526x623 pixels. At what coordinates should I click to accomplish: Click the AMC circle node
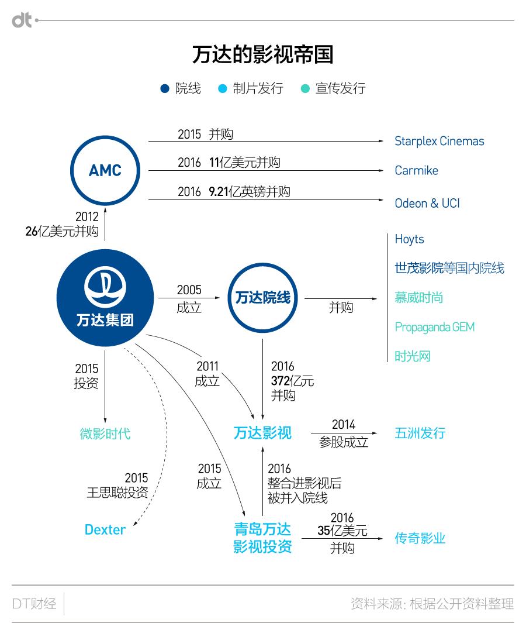tap(105, 170)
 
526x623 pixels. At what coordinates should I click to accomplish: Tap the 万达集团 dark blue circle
tap(105, 298)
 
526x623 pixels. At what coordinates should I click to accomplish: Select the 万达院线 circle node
tap(262, 298)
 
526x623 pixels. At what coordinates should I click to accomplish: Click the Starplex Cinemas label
tap(439, 141)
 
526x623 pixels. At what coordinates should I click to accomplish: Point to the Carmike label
tap(416, 171)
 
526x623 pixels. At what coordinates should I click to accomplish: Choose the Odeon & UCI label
tap(427, 203)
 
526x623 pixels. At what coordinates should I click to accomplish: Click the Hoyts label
tap(409, 239)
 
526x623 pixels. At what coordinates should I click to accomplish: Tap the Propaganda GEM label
tap(434, 327)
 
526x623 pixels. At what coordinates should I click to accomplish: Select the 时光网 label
tap(412, 356)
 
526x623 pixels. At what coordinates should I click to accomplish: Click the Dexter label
tap(105, 530)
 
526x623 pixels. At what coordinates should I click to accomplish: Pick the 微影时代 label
tap(105, 433)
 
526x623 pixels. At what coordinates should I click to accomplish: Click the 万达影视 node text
tap(262, 433)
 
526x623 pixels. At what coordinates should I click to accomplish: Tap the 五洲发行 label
tap(420, 433)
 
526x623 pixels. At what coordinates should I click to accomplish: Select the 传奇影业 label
tap(420, 538)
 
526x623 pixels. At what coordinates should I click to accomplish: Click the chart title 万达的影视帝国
tap(262, 54)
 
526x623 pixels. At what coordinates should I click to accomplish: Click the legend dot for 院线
tap(164, 89)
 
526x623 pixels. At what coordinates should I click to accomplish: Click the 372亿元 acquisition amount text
tap(292, 381)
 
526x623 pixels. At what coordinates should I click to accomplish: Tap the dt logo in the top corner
tap(22, 20)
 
